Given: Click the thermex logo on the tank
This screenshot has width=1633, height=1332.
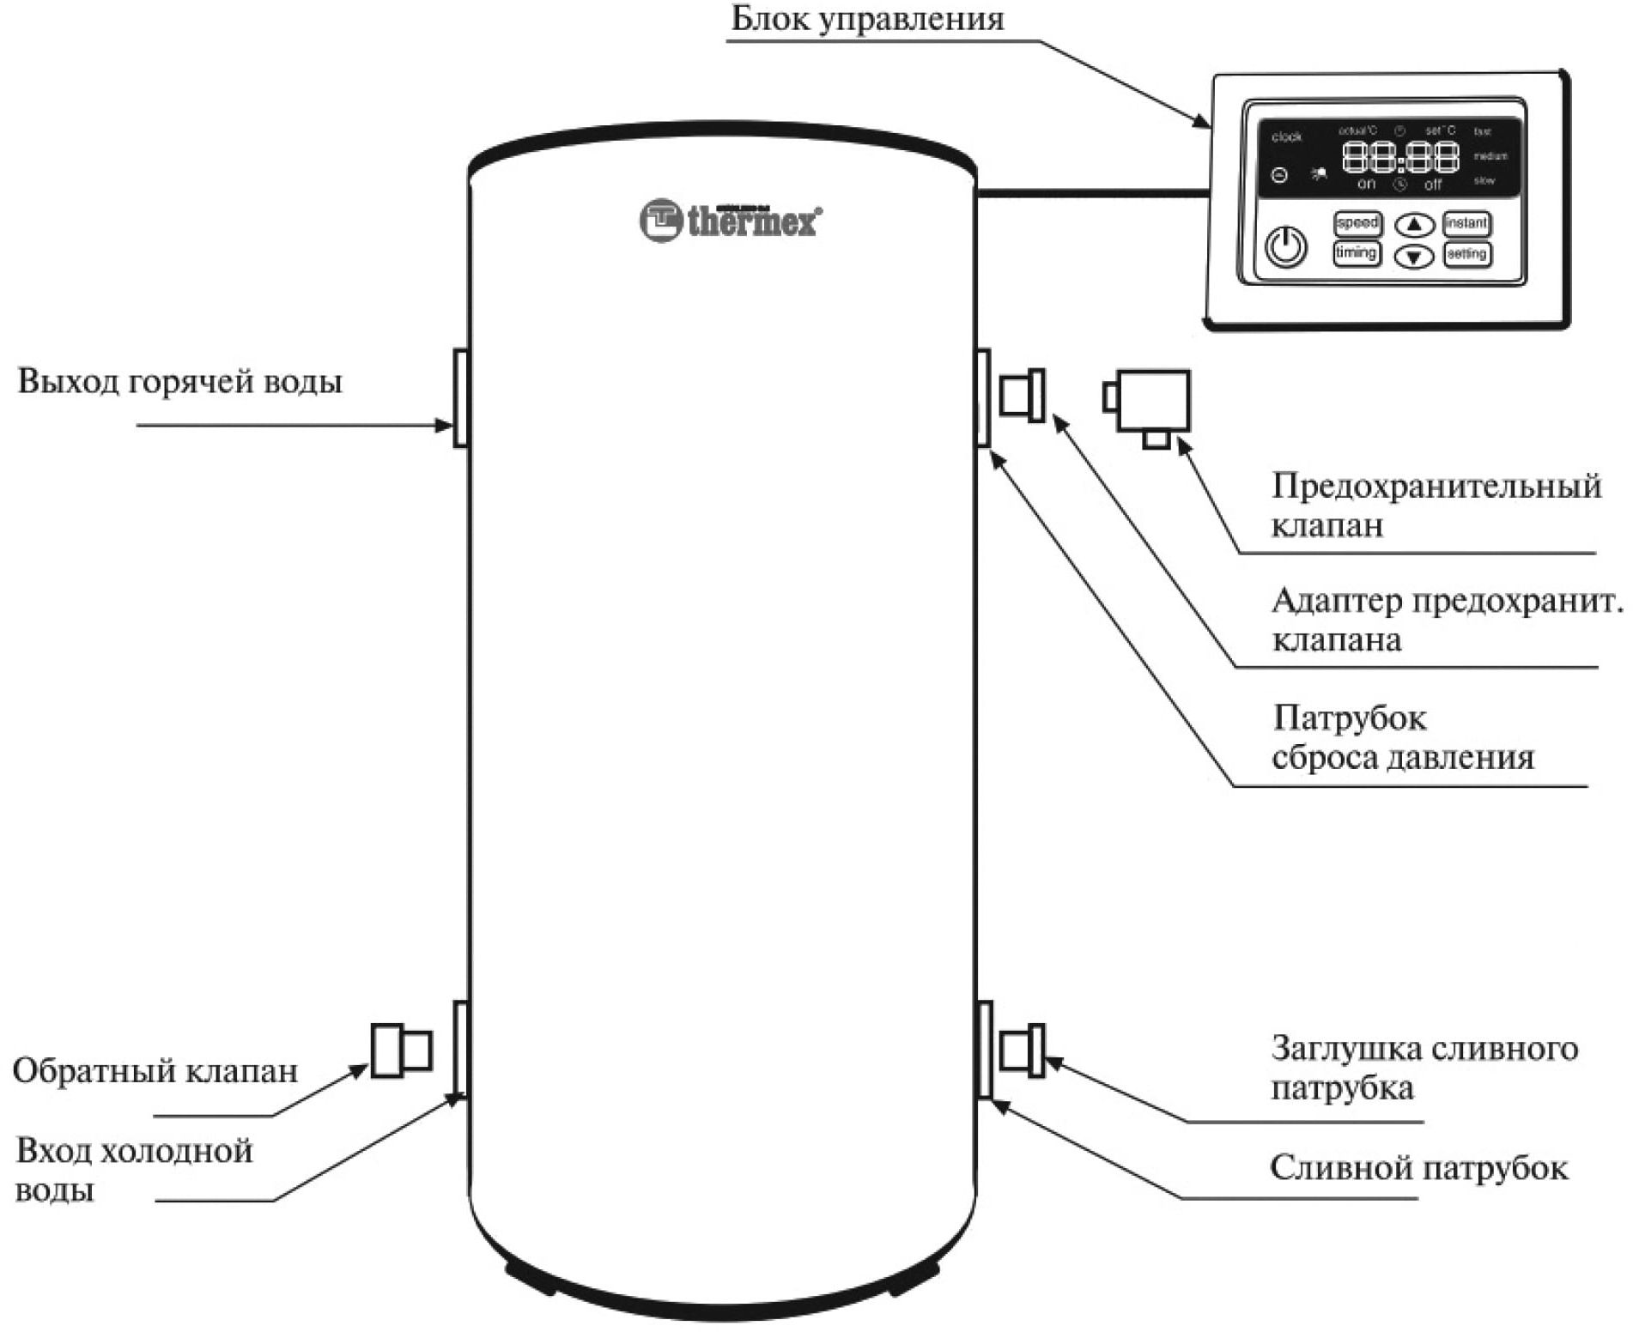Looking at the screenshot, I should click(730, 221).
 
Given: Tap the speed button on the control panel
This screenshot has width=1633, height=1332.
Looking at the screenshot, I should click(1357, 223).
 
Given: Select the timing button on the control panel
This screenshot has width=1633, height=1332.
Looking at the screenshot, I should click(1357, 253).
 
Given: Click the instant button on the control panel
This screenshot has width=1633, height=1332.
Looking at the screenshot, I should click(1466, 223).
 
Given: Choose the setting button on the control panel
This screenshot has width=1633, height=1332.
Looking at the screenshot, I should click(1466, 254).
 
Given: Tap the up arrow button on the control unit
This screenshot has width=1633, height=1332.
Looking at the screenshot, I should click(1414, 225).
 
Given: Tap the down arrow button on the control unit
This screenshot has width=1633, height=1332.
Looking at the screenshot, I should click(1414, 256).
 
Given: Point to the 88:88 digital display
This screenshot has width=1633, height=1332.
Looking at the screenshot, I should click(1400, 158).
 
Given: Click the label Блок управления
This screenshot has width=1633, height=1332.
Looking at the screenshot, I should click(867, 19).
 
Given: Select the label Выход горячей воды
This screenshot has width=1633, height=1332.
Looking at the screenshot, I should click(179, 381).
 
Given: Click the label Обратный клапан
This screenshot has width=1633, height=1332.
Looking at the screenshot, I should click(155, 1071).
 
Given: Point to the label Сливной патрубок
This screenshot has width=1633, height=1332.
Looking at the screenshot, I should click(1418, 1168).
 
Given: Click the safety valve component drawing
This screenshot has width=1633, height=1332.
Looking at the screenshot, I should click(1149, 403).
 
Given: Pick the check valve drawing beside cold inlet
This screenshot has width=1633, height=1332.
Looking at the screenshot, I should click(401, 1050).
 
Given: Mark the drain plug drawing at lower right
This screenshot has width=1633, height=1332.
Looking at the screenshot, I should click(1023, 1050).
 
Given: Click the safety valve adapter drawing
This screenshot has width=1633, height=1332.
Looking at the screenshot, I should click(1023, 395).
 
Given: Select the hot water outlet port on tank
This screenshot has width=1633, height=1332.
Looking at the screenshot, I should click(460, 397).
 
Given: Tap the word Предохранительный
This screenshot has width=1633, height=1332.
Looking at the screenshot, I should click(1436, 486).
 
